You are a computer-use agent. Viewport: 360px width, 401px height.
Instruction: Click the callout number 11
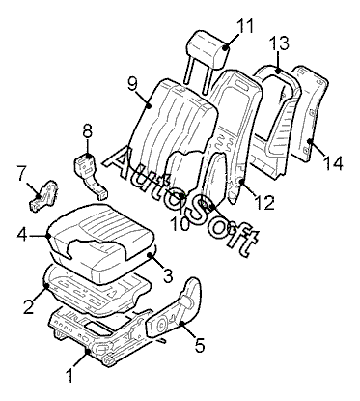tap(245, 26)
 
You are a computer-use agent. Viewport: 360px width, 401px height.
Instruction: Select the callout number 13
tap(279, 43)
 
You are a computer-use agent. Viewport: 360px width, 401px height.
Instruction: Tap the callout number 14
tap(333, 163)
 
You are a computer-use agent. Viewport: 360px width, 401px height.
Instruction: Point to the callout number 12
tap(264, 203)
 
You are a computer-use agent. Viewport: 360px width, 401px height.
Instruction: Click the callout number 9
tap(132, 84)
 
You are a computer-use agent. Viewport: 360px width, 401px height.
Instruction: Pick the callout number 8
tap(87, 131)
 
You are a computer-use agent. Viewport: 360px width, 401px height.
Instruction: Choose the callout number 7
tap(21, 174)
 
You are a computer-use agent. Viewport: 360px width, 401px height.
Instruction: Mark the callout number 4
tap(22, 235)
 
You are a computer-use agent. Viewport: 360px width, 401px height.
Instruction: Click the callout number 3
tap(168, 275)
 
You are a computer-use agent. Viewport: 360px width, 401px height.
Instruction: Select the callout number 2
tap(28, 306)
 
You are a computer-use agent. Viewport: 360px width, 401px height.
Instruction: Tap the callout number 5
tap(200, 346)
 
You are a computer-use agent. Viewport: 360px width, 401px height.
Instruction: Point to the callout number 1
tap(69, 376)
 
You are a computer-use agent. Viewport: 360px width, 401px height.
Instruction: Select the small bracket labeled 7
tap(43, 196)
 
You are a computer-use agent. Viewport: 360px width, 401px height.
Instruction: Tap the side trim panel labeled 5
tap(174, 309)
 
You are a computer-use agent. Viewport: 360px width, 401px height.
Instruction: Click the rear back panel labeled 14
tap(310, 113)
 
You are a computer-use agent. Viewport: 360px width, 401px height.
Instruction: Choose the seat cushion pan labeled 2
tap(97, 290)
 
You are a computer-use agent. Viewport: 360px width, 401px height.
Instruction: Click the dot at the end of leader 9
tap(149, 105)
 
